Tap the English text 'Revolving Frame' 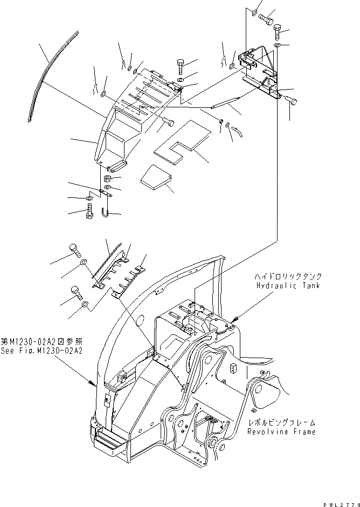tap(281, 431)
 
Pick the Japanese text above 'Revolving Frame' tap(282, 423)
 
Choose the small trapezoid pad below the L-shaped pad tap(155, 180)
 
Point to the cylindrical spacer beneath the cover tap(107, 178)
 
